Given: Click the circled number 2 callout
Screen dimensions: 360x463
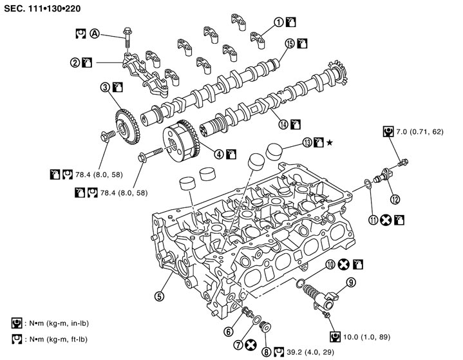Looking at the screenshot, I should tap(75, 62).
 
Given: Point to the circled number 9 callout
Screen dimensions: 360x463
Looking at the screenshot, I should tap(351, 281).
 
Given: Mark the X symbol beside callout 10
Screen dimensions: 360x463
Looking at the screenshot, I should tap(345, 263).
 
